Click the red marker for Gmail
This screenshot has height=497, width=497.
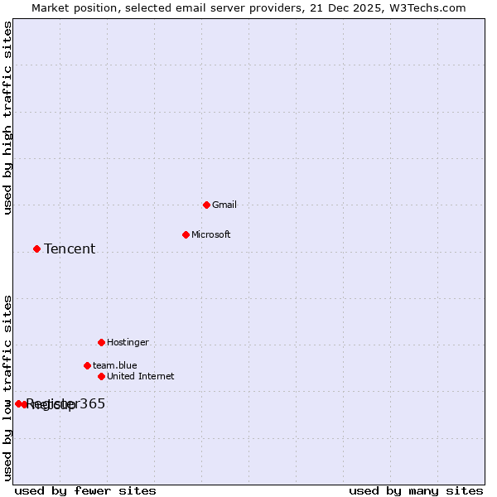point(206,205)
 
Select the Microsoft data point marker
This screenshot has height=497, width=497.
point(186,234)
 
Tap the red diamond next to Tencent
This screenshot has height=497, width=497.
point(36,248)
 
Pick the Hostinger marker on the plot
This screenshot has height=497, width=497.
point(101,342)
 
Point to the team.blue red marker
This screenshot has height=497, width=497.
point(87,365)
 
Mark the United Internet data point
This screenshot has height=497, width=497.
point(101,376)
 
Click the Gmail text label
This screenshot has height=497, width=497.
point(224,205)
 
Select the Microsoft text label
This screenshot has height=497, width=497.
point(211,234)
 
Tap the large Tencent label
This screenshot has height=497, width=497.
point(70,248)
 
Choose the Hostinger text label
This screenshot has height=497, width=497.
point(128,342)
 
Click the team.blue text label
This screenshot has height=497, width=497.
point(115,365)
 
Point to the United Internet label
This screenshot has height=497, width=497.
point(141,376)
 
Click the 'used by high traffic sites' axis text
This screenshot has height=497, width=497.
point(7,118)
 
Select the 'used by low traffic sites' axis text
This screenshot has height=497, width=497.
point(7,387)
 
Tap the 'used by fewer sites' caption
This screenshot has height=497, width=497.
point(85,490)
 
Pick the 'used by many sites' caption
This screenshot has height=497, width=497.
point(416,490)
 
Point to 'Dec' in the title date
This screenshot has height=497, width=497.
point(340,7)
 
